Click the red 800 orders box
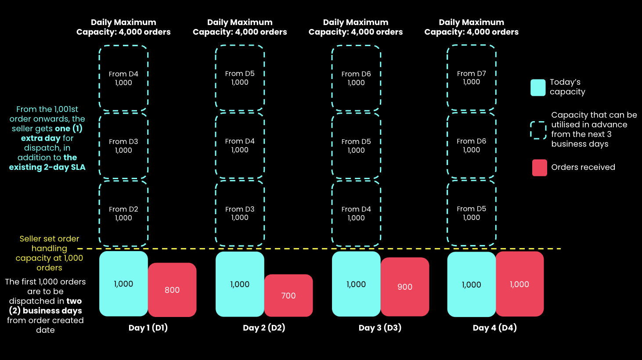pyautogui.click(x=172, y=290)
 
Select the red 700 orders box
pyautogui.click(x=289, y=295)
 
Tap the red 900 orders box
pyautogui.click(x=405, y=287)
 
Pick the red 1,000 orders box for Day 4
pyautogui.click(x=519, y=284)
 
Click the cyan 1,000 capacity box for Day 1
pyautogui.click(x=123, y=284)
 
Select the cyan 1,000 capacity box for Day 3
pyautogui.click(x=356, y=284)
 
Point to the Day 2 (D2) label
pyautogui.click(x=264, y=328)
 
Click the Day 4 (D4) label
pyautogui.click(x=495, y=328)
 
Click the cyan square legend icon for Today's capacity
pyautogui.click(x=538, y=87)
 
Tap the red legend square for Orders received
pyautogui.click(x=539, y=168)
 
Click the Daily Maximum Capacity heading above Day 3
pyautogui.click(x=356, y=27)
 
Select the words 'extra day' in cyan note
pyautogui.click(x=41, y=138)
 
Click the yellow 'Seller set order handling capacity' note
pyautogui.click(x=49, y=253)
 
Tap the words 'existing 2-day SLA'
pyautogui.click(x=47, y=167)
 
